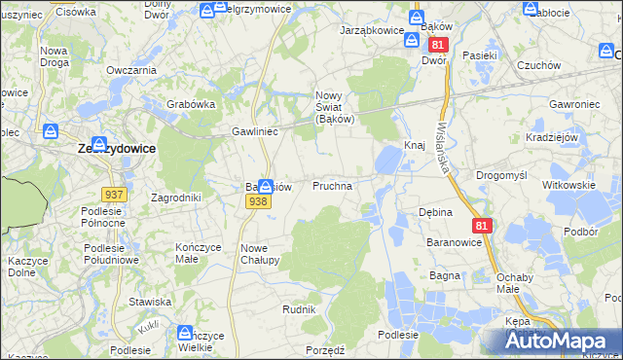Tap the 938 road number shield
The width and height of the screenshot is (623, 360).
(258, 201)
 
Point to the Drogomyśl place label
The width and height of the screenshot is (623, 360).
(501, 175)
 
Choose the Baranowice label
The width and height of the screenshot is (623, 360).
(456, 241)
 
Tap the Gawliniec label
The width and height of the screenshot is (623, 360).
(255, 130)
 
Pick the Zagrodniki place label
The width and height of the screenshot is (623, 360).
(176, 198)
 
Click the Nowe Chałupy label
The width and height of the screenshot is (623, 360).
(260, 254)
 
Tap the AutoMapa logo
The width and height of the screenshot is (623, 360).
(565, 342)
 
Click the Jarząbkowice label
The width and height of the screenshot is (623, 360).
(371, 31)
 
